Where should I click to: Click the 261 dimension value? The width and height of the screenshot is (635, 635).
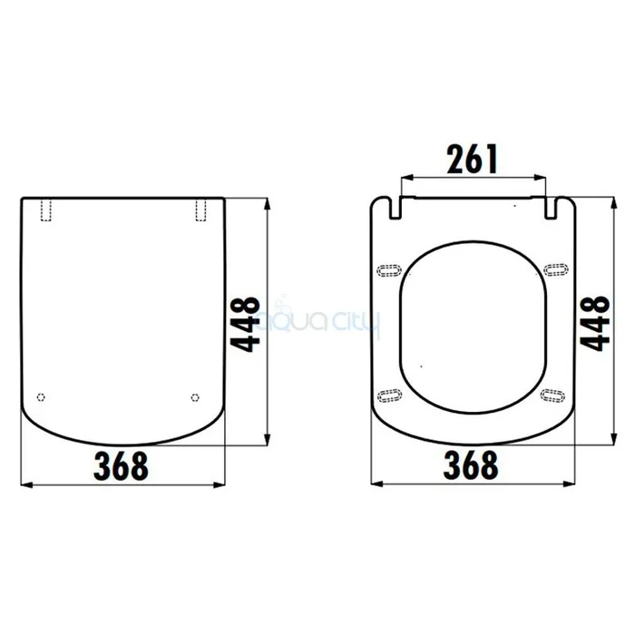click(x=472, y=159)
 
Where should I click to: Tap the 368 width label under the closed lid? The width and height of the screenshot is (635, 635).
click(x=121, y=466)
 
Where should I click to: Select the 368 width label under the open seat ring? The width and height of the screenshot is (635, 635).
click(x=471, y=464)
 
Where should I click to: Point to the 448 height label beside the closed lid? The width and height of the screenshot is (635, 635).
click(x=245, y=324)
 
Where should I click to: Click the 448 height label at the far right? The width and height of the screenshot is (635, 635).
click(x=595, y=323)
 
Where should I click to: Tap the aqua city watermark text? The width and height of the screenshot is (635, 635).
click(x=320, y=320)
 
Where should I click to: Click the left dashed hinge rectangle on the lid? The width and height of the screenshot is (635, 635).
click(x=46, y=210)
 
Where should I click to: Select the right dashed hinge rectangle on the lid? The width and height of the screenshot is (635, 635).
click(x=200, y=210)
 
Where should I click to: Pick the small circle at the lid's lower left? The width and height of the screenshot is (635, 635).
click(x=41, y=397)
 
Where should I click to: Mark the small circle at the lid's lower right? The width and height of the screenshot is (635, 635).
click(x=195, y=397)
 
